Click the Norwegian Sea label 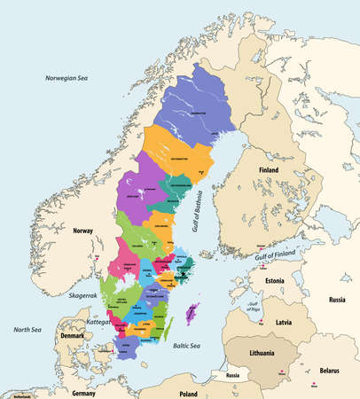(x=69, y=79)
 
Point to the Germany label (x=84, y=392)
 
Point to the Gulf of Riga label (x=253, y=307)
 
